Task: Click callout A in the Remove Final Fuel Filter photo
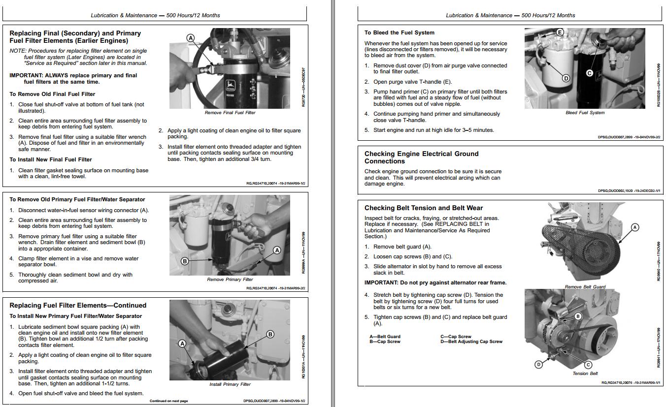coord(191,38)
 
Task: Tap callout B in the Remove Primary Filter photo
coord(185,261)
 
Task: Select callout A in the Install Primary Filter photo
coord(182,343)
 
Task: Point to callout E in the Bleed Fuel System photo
coord(560,32)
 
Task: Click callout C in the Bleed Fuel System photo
coord(590,73)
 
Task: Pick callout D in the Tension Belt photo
coord(538,364)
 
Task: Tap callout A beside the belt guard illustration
coord(635,227)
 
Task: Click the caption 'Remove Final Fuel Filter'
coord(230,113)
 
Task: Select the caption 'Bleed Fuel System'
coord(585,113)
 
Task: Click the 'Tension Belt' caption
coord(585,374)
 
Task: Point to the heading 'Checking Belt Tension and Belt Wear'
coord(424,208)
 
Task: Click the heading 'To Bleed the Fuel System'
coord(399,32)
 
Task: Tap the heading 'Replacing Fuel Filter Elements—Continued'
coord(78,305)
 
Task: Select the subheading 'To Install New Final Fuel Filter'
coord(51,159)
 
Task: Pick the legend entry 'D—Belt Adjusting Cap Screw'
coord(471,342)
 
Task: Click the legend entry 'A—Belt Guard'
coord(385,337)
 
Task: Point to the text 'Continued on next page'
coord(168,401)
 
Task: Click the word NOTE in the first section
coord(18,51)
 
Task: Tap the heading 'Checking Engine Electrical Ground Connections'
coord(421,157)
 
